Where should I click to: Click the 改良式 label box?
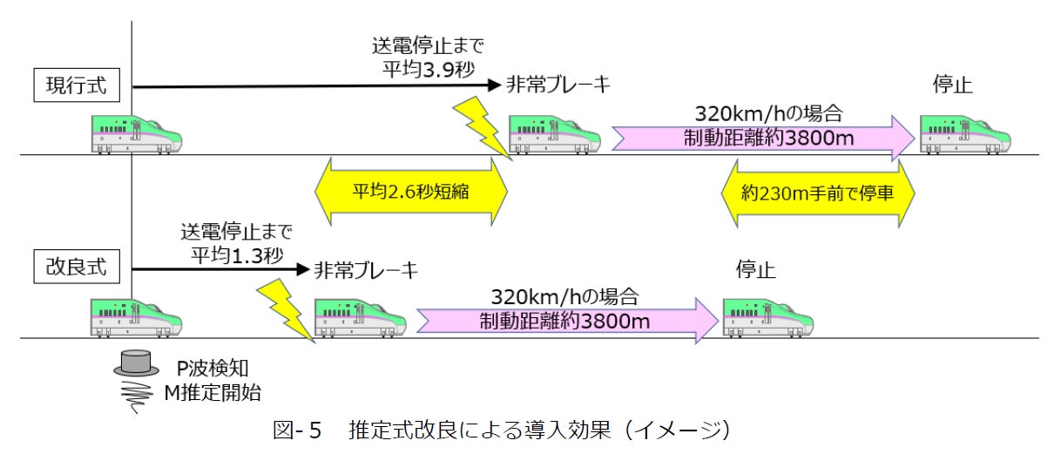(77, 268)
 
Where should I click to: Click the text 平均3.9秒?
(429, 68)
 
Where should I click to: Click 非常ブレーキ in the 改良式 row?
(367, 268)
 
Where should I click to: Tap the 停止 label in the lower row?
(755, 268)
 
